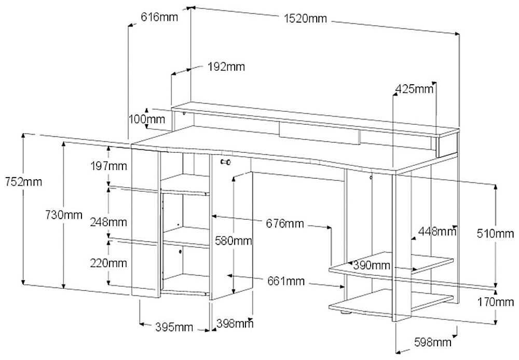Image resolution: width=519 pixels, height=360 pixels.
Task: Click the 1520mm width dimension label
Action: click(305, 19)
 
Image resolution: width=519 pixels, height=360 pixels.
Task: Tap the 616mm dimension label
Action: click(159, 17)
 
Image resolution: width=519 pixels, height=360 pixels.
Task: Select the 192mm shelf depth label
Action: click(226, 66)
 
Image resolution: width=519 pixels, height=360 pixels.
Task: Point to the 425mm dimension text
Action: click(414, 89)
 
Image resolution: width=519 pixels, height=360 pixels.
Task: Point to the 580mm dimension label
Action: click(234, 241)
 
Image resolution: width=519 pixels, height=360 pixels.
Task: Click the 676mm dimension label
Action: click(284, 224)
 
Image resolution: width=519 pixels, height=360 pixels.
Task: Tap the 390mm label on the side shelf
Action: click(371, 265)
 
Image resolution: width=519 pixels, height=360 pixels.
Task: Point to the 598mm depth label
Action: click(432, 342)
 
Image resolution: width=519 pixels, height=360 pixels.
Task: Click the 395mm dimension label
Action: click(174, 327)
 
